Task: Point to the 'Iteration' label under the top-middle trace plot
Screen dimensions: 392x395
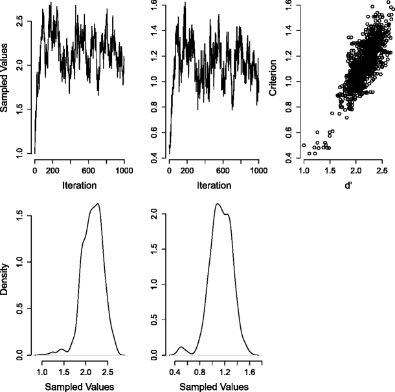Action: [x=213, y=184]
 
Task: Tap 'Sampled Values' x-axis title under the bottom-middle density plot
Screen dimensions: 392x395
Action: [x=213, y=386]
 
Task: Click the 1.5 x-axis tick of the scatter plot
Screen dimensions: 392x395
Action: [x=330, y=171]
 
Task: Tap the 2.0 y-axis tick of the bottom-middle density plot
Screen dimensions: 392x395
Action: [x=155, y=213]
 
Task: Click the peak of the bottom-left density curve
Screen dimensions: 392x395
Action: [x=98, y=204]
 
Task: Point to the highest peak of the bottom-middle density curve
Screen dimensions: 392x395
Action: [x=217, y=204]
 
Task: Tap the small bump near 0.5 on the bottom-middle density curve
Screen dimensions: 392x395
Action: [x=181, y=347]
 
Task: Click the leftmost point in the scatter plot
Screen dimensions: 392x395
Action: [x=304, y=145]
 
